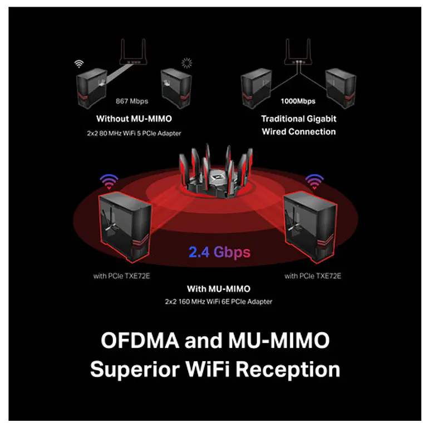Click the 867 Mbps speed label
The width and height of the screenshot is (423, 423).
click(x=132, y=101)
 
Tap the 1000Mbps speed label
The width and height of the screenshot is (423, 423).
click(x=298, y=101)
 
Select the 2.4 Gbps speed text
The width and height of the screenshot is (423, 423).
click(x=219, y=252)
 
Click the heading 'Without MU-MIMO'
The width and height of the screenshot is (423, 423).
click(x=134, y=119)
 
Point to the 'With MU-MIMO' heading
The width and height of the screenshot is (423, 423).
click(x=219, y=289)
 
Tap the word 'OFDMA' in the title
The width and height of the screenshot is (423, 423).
click(x=140, y=340)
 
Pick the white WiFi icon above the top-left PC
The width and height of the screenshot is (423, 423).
click(x=79, y=64)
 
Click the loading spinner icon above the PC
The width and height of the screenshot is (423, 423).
click(x=186, y=63)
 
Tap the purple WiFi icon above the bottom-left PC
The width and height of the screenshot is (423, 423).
click(x=109, y=181)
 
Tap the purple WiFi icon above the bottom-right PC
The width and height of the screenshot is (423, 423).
click(x=314, y=181)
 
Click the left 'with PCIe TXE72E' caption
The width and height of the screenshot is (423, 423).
click(x=121, y=276)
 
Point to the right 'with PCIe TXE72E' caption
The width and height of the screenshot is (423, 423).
click(x=313, y=276)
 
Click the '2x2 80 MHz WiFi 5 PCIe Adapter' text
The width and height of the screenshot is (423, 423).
click(x=134, y=133)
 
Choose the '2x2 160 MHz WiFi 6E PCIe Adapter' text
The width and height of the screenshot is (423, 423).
click(x=219, y=302)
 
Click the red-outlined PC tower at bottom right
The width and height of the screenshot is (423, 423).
click(x=309, y=227)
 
